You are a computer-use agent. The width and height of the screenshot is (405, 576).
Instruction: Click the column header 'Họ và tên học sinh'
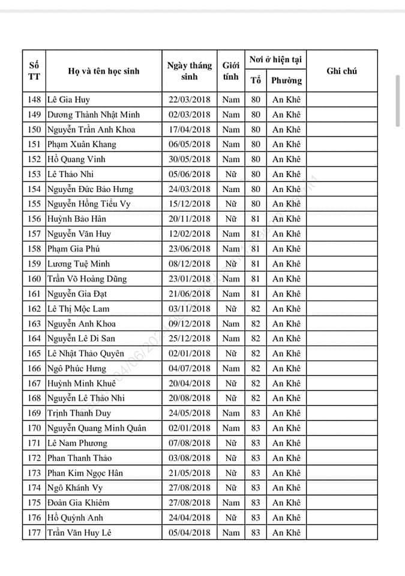pos(103,71)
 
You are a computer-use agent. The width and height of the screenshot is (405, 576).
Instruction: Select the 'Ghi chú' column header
pos(341,71)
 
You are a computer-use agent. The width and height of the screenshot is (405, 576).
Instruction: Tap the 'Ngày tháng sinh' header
pos(189,71)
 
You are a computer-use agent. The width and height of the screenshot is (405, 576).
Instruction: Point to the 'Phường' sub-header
pos(286,80)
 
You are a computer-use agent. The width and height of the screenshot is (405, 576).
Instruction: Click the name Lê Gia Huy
pos(68,100)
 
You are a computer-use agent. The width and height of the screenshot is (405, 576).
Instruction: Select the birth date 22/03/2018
pos(190,100)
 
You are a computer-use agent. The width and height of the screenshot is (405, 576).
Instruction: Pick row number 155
pos(34,204)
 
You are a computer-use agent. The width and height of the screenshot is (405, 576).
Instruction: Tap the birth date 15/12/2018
pos(190,204)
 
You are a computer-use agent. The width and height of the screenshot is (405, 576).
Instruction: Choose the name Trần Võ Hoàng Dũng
pos(87,278)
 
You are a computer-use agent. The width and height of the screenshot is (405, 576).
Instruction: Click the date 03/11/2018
pos(190,308)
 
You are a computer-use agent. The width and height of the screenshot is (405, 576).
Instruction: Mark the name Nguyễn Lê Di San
pos(81,338)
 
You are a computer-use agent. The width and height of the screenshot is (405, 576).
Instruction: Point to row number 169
pos(34,413)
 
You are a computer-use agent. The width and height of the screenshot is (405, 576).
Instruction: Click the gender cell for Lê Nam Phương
pos(231,443)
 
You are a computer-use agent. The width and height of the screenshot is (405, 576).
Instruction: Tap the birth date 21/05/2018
pos(190,473)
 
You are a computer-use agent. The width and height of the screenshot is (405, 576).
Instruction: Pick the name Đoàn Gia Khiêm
pos(78,503)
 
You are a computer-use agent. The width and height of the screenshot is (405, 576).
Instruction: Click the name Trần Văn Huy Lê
pos(79,533)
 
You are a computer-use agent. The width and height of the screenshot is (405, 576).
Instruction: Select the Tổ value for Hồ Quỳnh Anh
pos(256,518)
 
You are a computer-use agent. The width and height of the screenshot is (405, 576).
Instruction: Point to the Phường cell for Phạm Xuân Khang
pos(286,144)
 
